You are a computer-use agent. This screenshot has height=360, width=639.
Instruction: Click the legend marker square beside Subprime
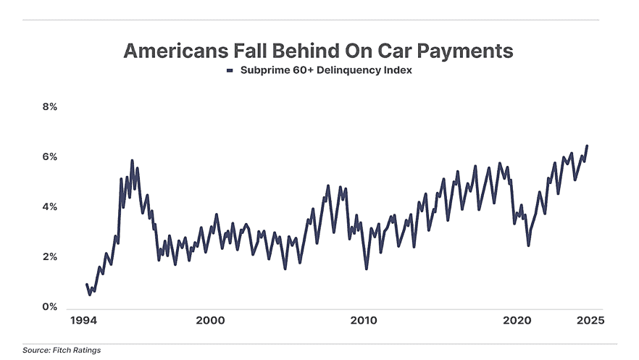[x=229, y=71]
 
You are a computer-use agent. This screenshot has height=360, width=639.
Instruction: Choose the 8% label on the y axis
[x=49, y=106]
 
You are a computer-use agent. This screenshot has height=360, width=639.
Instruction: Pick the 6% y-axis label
[x=49, y=157]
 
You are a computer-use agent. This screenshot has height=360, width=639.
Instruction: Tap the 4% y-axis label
[x=49, y=207]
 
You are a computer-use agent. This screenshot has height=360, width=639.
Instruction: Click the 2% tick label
[x=49, y=257]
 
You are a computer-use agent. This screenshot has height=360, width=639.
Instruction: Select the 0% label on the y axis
[x=49, y=307]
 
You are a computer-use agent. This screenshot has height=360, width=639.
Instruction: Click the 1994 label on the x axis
[x=83, y=320]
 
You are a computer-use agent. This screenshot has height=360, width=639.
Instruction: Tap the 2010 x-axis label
[x=363, y=320]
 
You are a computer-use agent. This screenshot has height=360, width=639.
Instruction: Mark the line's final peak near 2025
[x=587, y=146]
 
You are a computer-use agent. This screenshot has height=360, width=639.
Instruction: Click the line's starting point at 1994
[x=87, y=285]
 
